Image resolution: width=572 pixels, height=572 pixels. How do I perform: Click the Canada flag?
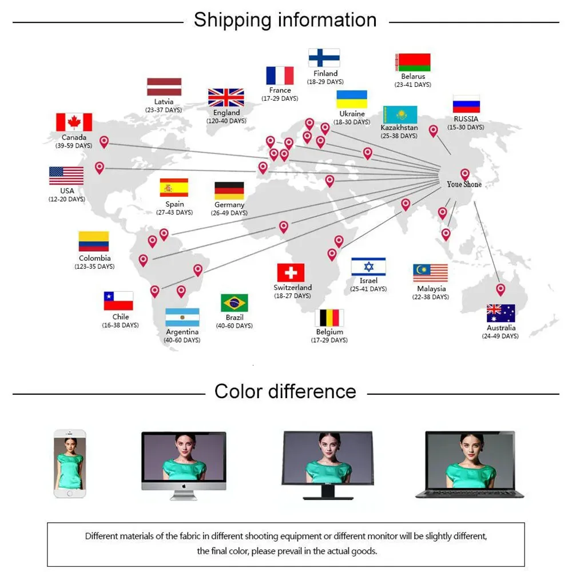coord(74,122)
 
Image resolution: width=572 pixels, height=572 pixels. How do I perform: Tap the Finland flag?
coord(324,58)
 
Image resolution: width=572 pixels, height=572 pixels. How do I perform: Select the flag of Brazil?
coord(234,303)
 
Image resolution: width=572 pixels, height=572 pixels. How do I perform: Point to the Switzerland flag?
coord(291,272)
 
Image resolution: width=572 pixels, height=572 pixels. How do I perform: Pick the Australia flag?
coord(501,313)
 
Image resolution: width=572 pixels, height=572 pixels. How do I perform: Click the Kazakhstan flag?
coord(400,115)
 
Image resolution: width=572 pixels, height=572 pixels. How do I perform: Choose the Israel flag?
coord(368,267)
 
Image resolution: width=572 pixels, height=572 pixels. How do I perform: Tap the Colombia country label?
coord(95,258)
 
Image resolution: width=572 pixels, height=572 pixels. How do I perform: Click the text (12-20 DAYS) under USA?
coord(67,199)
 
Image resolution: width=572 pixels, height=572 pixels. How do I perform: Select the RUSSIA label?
coord(466,119)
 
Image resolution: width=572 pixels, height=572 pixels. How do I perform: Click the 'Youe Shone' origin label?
coord(464,185)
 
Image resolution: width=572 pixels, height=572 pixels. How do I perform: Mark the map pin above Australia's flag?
coord(500,289)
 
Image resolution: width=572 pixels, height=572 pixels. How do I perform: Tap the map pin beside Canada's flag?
coord(104,141)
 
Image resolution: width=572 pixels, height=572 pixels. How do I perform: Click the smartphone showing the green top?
coord(70,463)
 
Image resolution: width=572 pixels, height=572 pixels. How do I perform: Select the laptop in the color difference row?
coord(470,464)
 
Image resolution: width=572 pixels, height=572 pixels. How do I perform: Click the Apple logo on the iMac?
coord(184,486)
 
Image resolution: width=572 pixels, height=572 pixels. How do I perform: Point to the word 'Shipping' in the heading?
coord(233,21)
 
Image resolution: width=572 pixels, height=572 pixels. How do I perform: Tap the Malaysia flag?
coord(431,273)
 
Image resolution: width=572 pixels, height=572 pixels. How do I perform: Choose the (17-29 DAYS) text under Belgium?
coord(329,340)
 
